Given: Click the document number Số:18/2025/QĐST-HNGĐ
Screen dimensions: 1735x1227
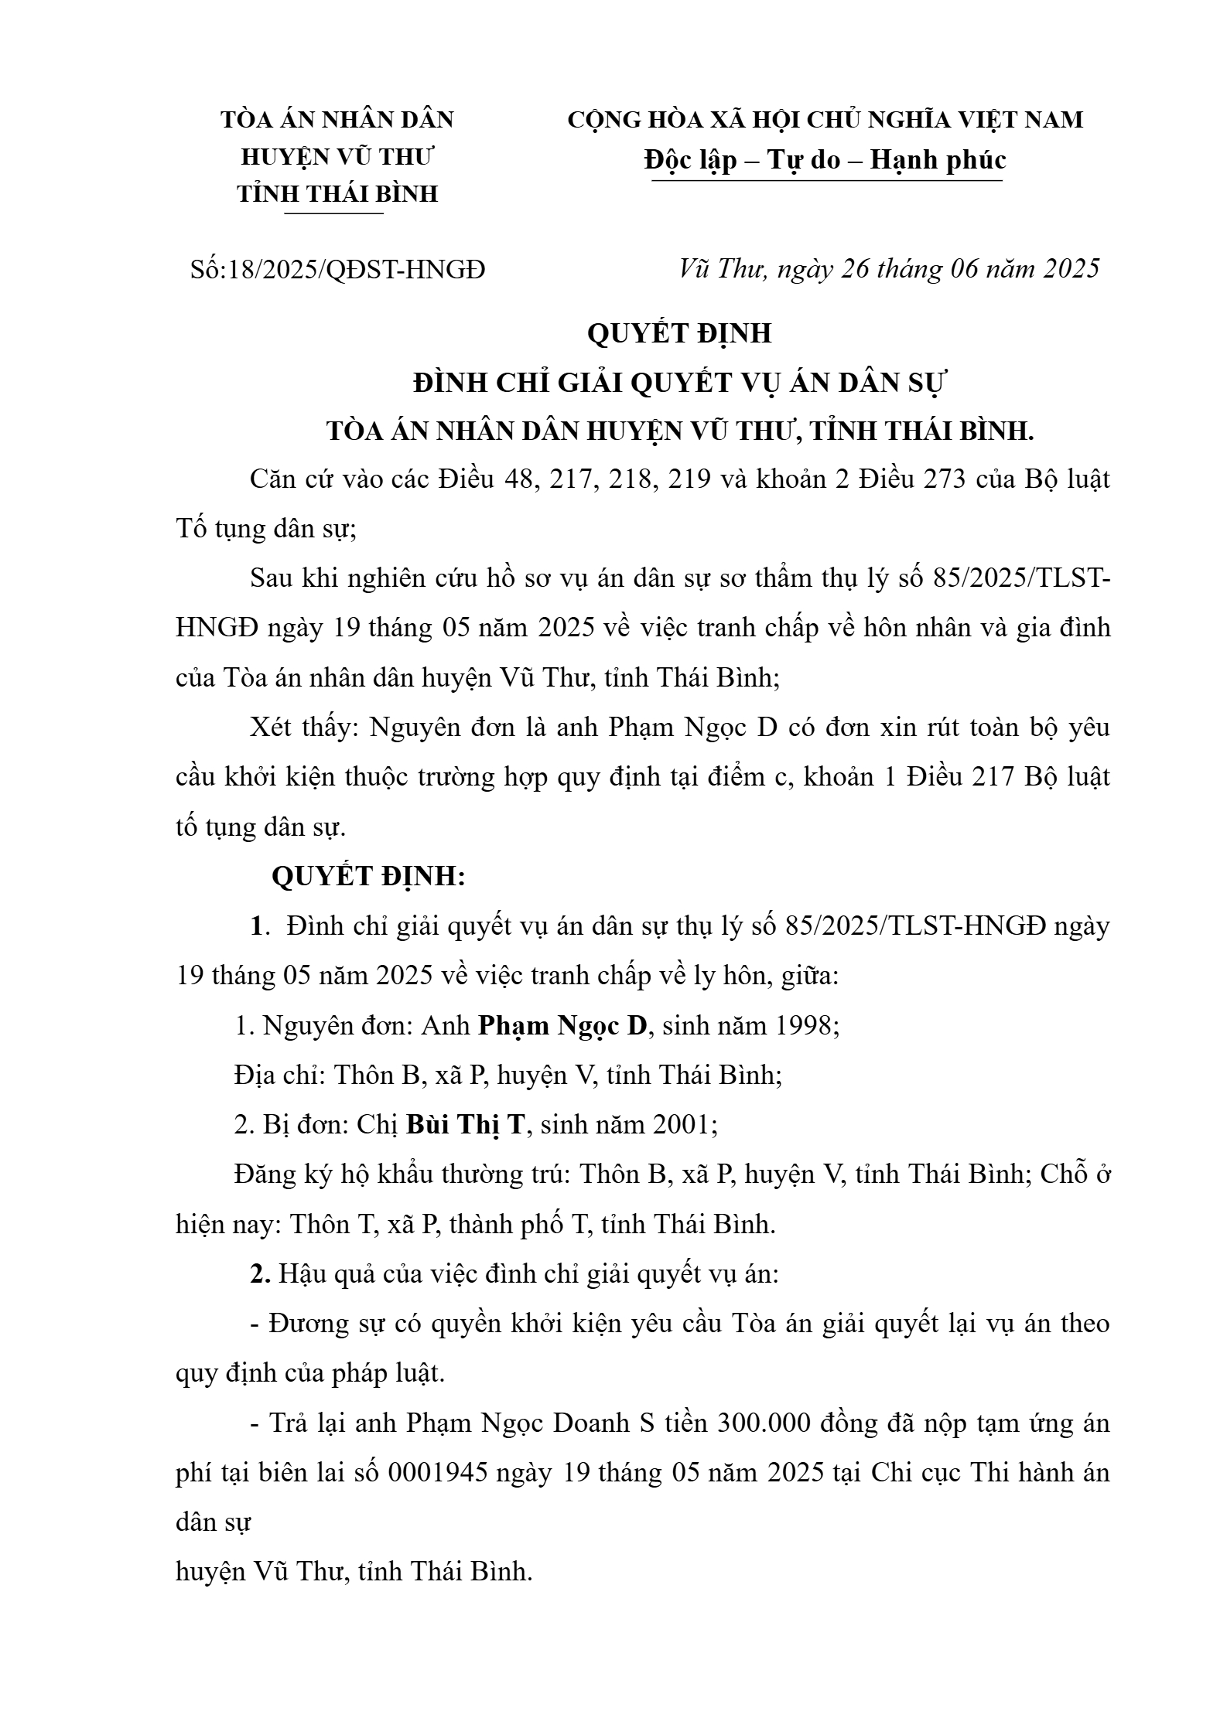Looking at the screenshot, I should pos(337,270).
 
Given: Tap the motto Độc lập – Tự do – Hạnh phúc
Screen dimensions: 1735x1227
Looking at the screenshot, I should pos(825,160).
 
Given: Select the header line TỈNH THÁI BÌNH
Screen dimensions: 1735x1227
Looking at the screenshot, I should pos(337,193).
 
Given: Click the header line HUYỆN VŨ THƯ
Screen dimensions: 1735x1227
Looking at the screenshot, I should pos(337,156).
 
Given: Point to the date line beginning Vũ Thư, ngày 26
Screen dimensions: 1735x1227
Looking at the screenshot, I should pos(889,268).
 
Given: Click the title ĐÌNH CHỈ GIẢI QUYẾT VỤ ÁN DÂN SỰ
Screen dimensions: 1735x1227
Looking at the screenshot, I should pos(680,382).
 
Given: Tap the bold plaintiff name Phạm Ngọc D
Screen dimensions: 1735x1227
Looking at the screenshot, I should pos(562,1025).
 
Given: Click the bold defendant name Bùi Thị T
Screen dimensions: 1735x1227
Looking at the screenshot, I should pos(465,1124).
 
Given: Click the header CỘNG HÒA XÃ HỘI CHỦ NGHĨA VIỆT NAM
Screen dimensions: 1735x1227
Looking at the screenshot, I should pos(825,120).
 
